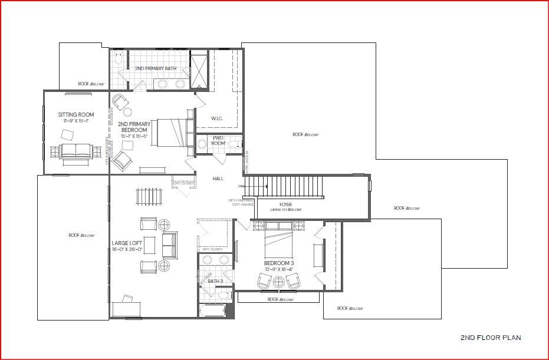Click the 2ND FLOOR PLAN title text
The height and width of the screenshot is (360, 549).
(490, 338)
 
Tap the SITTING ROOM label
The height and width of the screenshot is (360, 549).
(75, 115)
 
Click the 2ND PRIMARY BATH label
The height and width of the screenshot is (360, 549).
(155, 69)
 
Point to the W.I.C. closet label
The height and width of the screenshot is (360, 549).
(217, 118)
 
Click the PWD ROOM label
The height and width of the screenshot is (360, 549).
(218, 141)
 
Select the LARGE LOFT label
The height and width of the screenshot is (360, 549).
(127, 243)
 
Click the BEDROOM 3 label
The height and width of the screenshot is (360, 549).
(279, 263)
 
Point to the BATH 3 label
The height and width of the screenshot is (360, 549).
(215, 281)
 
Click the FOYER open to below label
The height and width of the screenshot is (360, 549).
(286, 207)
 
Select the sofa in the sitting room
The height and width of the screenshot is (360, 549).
(75, 151)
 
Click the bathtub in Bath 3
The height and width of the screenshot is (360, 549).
(212, 311)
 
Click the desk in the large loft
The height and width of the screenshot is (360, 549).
(126, 306)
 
